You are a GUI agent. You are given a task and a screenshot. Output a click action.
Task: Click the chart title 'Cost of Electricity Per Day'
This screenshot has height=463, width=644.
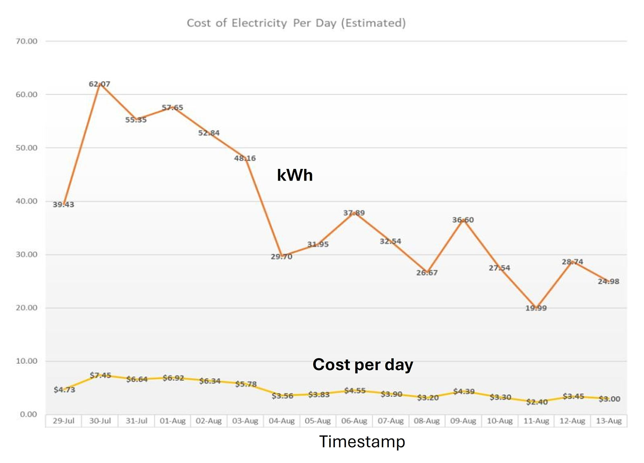point(296,23)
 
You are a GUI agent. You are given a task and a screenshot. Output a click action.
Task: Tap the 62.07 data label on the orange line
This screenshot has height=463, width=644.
point(99,84)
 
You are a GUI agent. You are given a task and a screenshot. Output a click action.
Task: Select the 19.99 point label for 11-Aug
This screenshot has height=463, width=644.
point(536,308)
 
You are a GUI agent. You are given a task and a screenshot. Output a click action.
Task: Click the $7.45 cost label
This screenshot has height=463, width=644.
point(100,375)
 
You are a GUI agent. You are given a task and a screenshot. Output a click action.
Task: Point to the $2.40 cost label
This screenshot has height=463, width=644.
point(537,402)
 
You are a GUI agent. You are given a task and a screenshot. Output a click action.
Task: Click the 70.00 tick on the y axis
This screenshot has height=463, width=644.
point(27,41)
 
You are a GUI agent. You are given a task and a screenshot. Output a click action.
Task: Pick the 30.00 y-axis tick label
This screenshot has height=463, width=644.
point(27,255)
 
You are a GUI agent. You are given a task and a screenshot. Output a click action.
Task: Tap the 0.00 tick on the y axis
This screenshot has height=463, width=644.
point(28,414)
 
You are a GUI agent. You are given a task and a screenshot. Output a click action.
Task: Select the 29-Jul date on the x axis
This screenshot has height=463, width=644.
point(64,421)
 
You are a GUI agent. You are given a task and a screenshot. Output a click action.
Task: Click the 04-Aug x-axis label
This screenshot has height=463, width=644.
point(282,421)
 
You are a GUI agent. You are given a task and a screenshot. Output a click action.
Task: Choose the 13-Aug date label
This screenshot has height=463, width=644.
point(609,421)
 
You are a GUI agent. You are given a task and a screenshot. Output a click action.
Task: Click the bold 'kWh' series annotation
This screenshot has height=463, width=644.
point(295,175)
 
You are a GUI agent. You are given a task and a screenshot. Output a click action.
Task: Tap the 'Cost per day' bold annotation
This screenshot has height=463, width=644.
point(363,364)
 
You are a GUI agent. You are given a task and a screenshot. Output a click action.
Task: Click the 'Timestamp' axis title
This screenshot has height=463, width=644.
point(362,442)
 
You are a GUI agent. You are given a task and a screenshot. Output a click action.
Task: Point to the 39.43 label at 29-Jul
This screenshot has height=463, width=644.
point(64,205)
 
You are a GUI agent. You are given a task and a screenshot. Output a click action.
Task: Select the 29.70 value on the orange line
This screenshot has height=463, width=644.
point(281,257)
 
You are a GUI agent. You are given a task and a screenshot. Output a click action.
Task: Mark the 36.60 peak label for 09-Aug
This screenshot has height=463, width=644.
point(463,220)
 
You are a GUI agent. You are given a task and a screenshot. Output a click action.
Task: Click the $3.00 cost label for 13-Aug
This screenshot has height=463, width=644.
point(609,399)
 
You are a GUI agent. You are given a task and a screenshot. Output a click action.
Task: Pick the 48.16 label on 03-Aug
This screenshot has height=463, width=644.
point(245,158)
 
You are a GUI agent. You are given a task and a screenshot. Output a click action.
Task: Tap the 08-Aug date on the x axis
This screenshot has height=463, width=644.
point(427,421)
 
